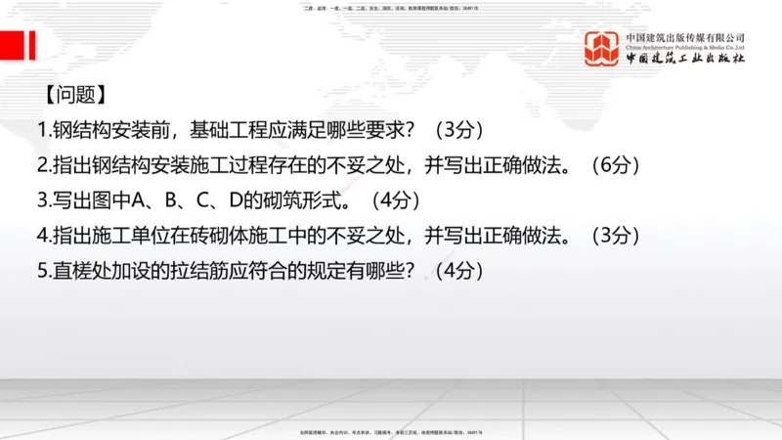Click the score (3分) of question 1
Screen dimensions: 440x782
(x=458, y=130)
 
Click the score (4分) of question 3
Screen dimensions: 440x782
(x=396, y=200)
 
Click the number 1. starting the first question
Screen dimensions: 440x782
(x=44, y=130)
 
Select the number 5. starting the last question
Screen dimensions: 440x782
(x=44, y=271)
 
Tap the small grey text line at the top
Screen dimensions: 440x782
(x=391, y=7)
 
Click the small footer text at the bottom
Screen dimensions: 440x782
(x=391, y=431)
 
